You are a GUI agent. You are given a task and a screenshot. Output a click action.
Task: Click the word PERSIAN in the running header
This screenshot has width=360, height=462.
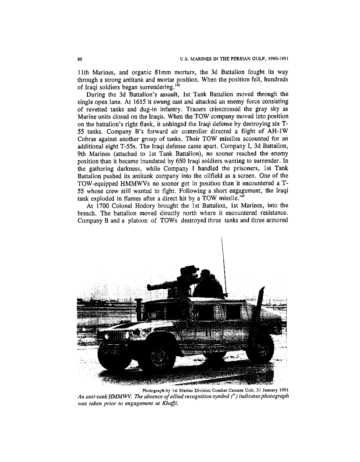(234, 57)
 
